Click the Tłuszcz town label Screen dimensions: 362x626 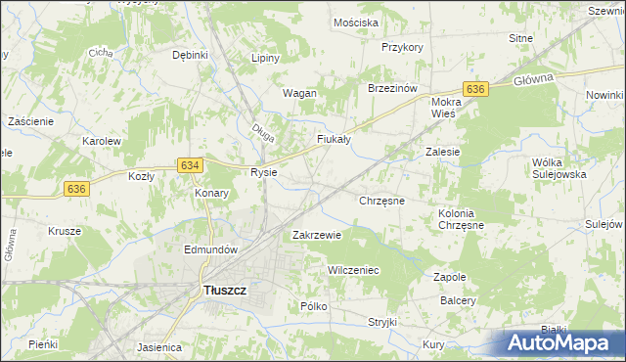(x=224, y=290)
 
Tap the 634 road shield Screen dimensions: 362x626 (x=191, y=166)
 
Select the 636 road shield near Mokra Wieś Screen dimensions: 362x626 (x=474, y=89)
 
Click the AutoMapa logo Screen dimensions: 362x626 (x=561, y=343)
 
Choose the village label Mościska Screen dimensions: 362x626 (x=355, y=22)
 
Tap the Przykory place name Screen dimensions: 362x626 (x=402, y=47)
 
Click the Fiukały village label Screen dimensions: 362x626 (x=334, y=139)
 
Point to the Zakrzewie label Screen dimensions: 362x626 (x=317, y=235)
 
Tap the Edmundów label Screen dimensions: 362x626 (x=211, y=249)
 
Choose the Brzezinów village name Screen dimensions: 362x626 (x=392, y=87)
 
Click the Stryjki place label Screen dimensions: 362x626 (x=381, y=322)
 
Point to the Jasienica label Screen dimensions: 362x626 (x=160, y=347)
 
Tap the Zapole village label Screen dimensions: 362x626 (x=449, y=277)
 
